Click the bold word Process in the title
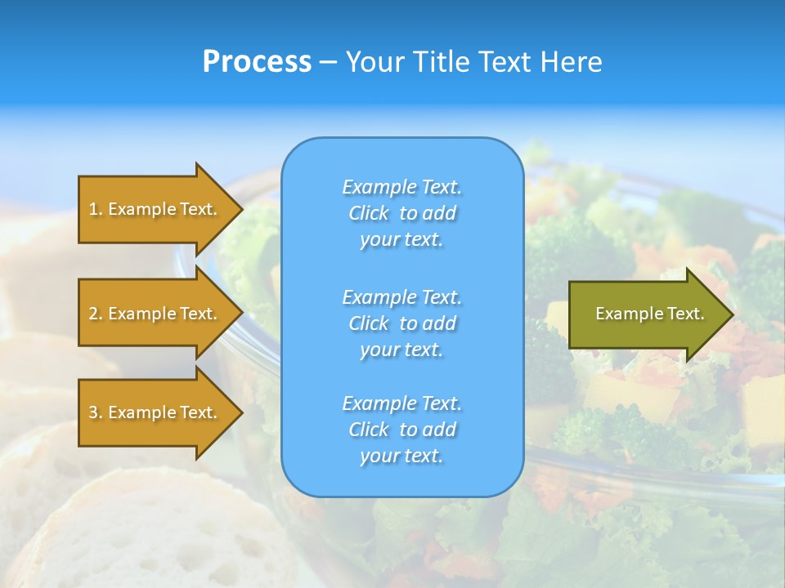257,61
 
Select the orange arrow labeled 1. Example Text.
155,209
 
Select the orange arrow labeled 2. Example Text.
155,314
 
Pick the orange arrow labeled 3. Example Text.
155,412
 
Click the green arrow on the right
646,314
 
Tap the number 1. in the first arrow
96,209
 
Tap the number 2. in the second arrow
96,314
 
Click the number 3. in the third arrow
96,412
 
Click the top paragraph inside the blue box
401,213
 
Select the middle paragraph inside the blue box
401,323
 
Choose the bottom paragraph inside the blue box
401,430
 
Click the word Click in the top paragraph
368,213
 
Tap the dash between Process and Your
328,62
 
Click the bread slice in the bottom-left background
164,531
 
